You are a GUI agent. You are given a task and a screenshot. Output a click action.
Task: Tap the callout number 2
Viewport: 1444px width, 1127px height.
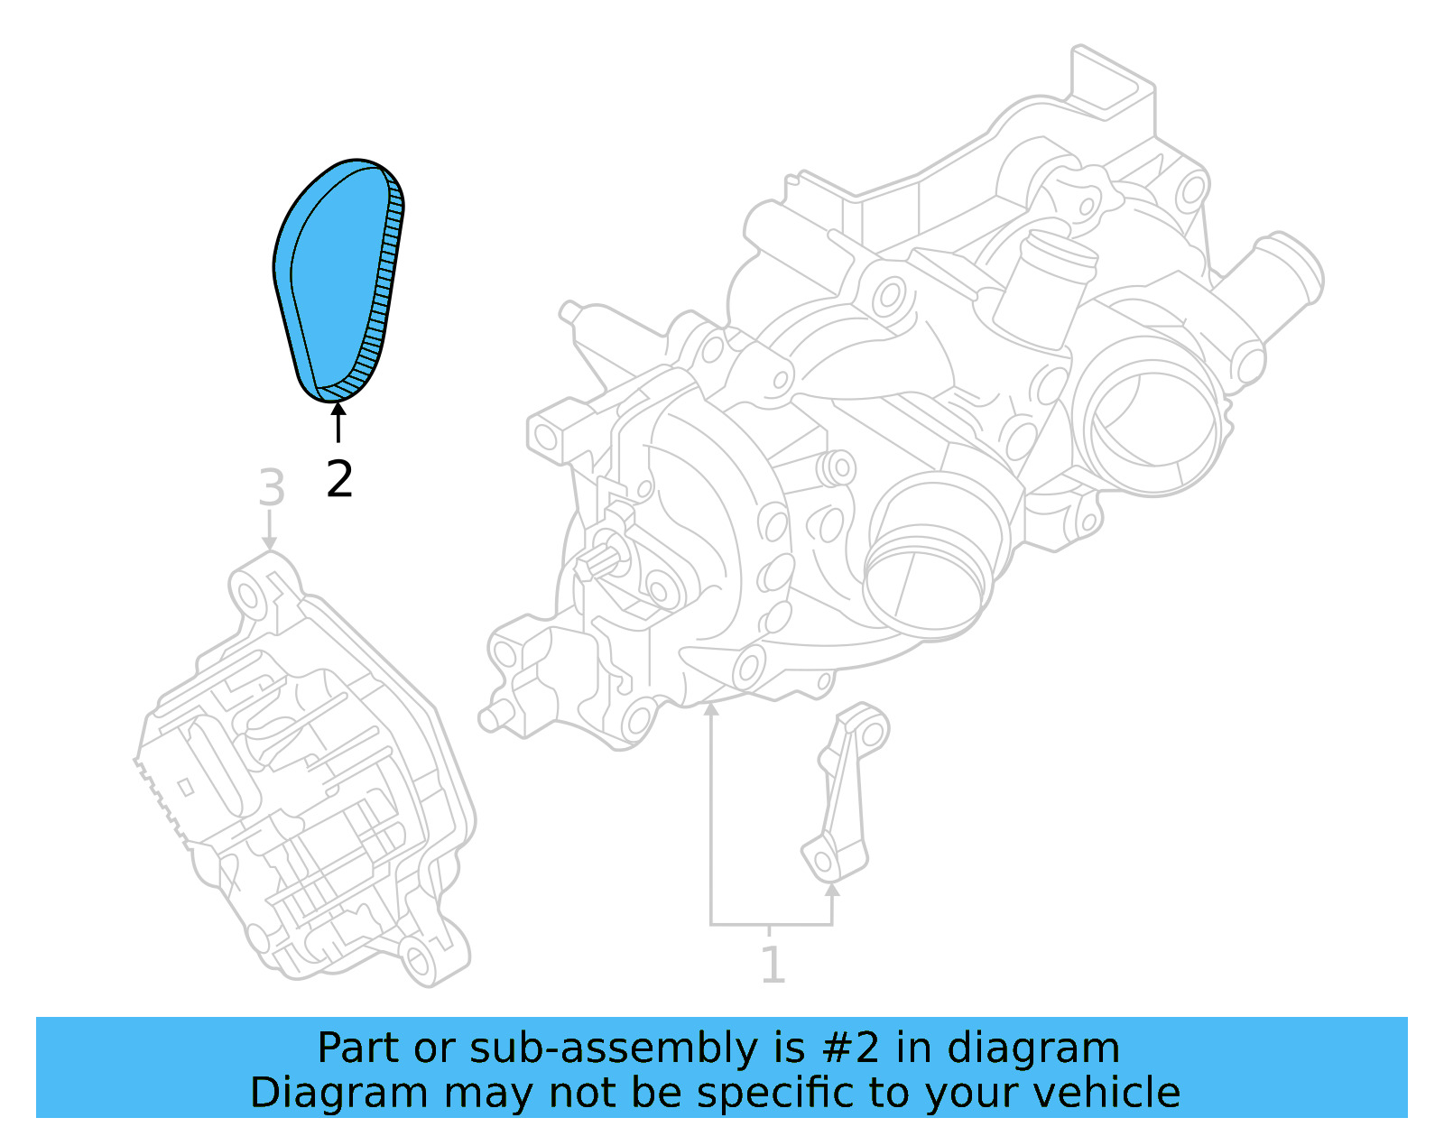[x=339, y=479]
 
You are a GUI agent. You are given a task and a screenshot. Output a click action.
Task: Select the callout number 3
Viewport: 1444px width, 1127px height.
[x=271, y=488]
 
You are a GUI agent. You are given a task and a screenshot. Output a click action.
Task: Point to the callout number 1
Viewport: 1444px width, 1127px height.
[x=773, y=965]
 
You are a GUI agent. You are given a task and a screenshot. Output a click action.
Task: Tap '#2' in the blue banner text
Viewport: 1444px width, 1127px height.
[x=850, y=1048]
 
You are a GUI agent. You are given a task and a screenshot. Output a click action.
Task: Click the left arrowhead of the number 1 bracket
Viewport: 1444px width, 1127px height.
[x=711, y=711]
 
